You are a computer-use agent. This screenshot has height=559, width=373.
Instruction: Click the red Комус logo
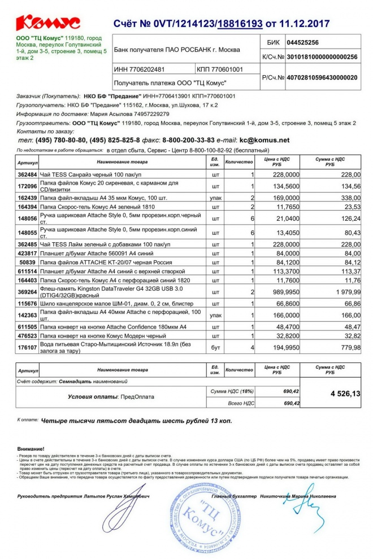pyautogui.click(x=48, y=23)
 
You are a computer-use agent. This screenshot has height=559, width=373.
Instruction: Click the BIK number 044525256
pyautogui.click(x=303, y=42)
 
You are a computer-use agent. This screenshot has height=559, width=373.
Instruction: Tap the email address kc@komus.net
pyautogui.click(x=264, y=140)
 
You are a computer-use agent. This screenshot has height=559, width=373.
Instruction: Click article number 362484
pyautogui.click(x=28, y=175)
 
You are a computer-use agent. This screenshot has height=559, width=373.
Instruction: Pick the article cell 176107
pyautogui.click(x=28, y=347)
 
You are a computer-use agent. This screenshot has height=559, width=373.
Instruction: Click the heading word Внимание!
pyautogui.click(x=32, y=448)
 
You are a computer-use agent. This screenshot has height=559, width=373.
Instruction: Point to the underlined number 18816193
pyautogui.click(x=240, y=24)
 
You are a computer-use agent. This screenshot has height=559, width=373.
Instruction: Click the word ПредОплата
pyautogui.click(x=137, y=397)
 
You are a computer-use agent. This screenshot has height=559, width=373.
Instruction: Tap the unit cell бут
pyautogui.click(x=215, y=347)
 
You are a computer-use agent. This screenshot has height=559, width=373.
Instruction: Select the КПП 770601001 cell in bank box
pyautogui.click(x=221, y=69)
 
